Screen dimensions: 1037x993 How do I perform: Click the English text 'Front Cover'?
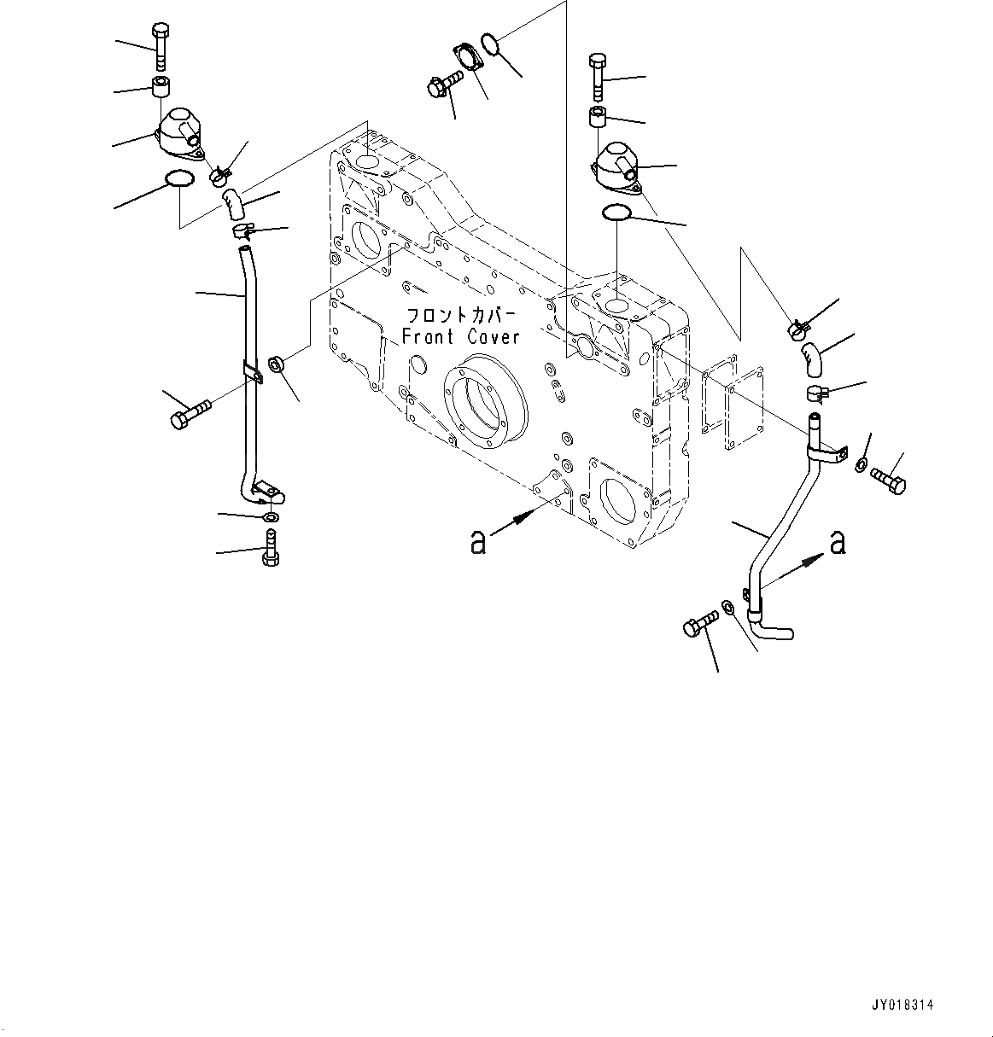click(x=460, y=337)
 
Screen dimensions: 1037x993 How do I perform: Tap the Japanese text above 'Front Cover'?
click(x=459, y=313)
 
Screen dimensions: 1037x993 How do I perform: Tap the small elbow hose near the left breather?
click(x=234, y=204)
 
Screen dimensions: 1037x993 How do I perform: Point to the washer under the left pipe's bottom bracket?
click(x=270, y=517)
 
